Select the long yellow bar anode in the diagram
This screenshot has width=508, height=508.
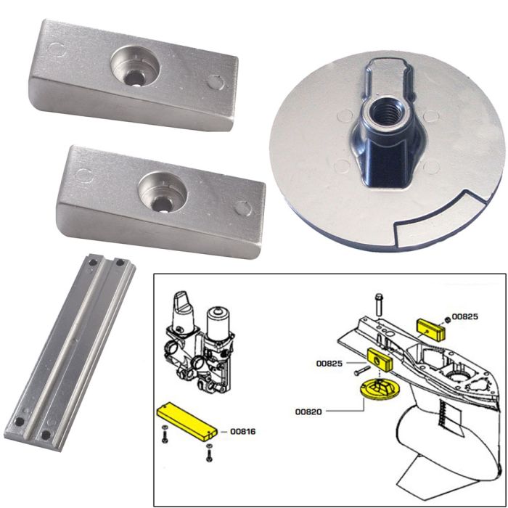click(187, 422)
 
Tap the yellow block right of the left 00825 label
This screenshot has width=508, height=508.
click(380, 359)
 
